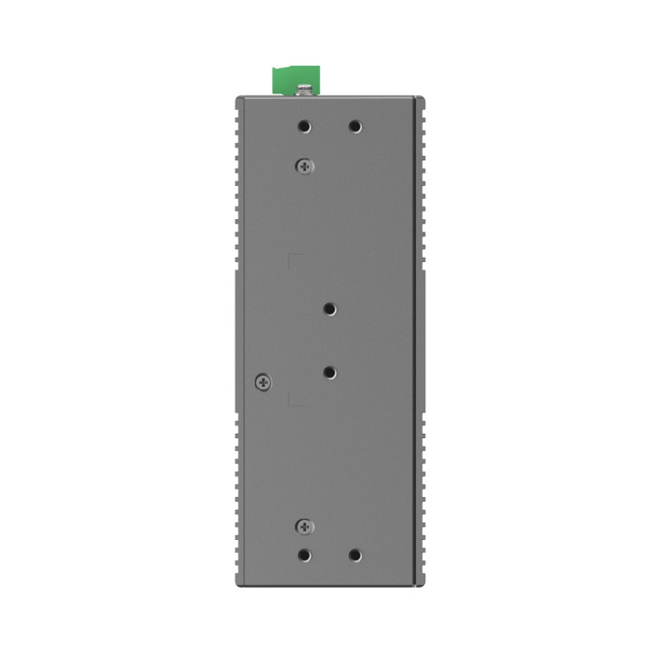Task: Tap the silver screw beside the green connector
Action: (x=305, y=89)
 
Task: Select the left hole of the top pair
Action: (x=305, y=128)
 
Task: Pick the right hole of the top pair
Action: (x=355, y=128)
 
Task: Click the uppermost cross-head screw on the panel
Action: (x=305, y=166)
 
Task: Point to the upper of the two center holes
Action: (x=330, y=311)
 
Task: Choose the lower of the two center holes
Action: (x=330, y=372)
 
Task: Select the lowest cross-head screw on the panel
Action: (x=305, y=525)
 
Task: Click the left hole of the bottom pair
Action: (x=305, y=555)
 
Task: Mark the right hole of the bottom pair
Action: (x=355, y=555)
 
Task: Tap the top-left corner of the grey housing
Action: (x=236, y=97)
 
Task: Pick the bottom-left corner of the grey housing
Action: (x=236, y=585)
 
